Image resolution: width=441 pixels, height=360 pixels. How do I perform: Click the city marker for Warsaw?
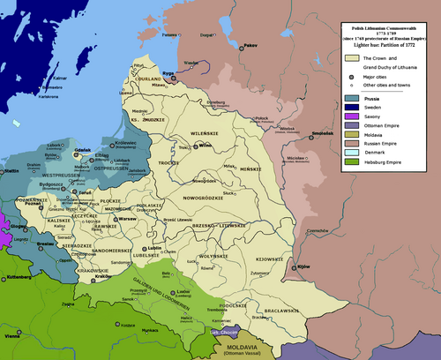(116, 216)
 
